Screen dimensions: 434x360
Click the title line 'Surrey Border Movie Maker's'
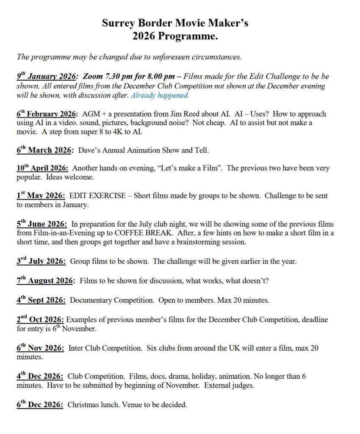(175, 23)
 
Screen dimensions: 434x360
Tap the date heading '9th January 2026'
(47, 77)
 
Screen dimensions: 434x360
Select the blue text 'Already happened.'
(160, 96)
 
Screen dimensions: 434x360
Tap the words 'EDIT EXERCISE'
(97, 196)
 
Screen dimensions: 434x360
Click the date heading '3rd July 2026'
(41, 262)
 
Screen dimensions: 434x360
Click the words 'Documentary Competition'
(112, 300)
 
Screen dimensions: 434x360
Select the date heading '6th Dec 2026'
(40, 405)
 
